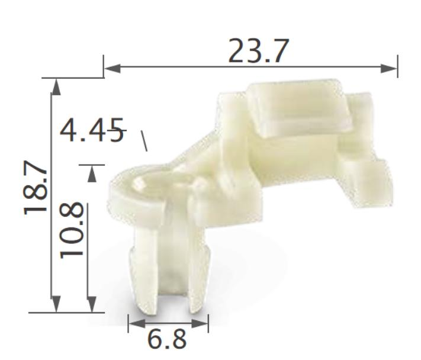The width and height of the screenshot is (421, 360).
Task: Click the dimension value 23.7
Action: pyautogui.click(x=259, y=52)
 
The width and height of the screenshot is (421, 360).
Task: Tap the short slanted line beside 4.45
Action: pyautogui.click(x=143, y=140)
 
